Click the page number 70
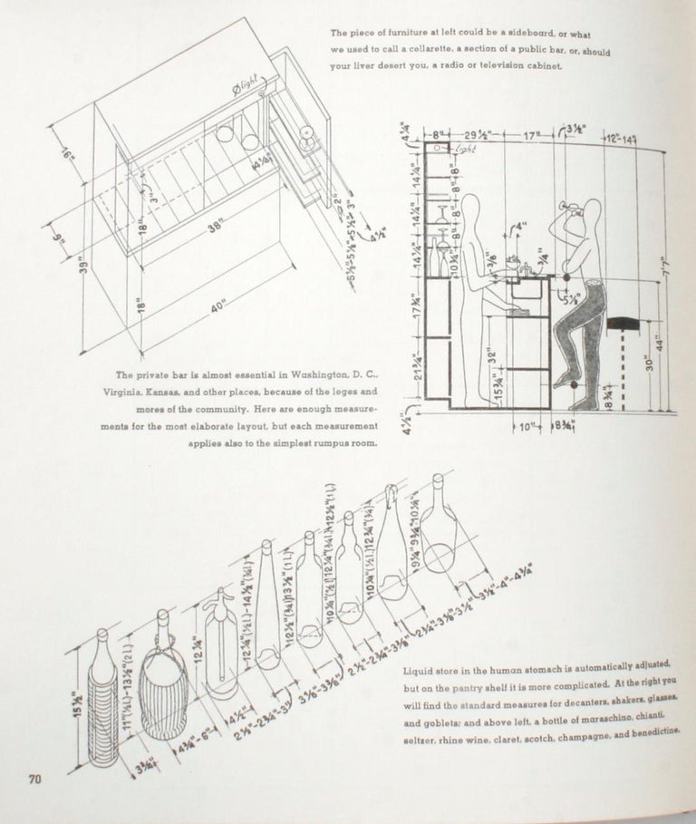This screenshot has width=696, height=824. [35, 778]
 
